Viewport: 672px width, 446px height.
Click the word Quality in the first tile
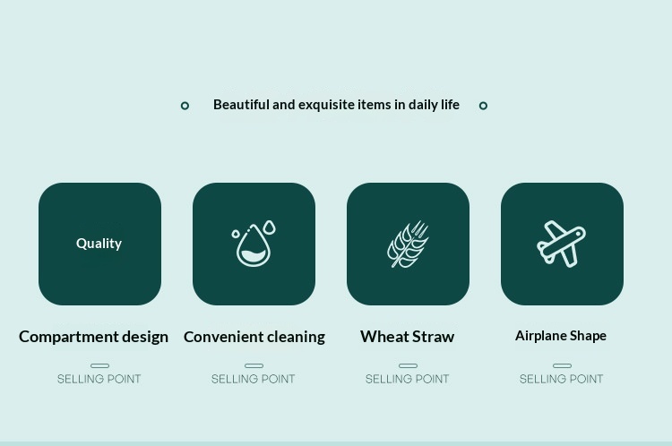(x=99, y=244)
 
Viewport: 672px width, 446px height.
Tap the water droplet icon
(x=254, y=244)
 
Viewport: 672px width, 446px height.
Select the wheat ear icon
(x=408, y=244)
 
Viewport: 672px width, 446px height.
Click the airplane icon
(x=562, y=244)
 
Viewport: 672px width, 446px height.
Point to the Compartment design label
(x=93, y=337)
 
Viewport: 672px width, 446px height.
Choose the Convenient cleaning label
(x=254, y=337)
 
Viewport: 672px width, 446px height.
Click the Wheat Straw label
(x=407, y=337)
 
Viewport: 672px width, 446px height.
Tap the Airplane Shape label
(x=561, y=336)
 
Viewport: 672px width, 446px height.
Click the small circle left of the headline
(x=185, y=106)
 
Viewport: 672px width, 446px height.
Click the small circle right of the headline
(x=483, y=106)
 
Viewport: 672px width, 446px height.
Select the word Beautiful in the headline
(x=241, y=105)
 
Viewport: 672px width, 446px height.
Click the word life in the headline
(x=451, y=105)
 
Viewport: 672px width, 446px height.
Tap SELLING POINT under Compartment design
(x=99, y=379)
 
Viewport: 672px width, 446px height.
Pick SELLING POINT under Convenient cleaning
(x=253, y=379)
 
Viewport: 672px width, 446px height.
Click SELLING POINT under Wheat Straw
(x=407, y=379)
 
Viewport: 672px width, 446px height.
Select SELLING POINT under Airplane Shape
(x=561, y=379)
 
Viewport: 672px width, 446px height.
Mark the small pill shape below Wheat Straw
(x=408, y=366)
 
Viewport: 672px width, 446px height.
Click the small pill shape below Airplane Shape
(x=563, y=366)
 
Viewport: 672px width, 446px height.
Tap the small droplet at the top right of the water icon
(x=270, y=227)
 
